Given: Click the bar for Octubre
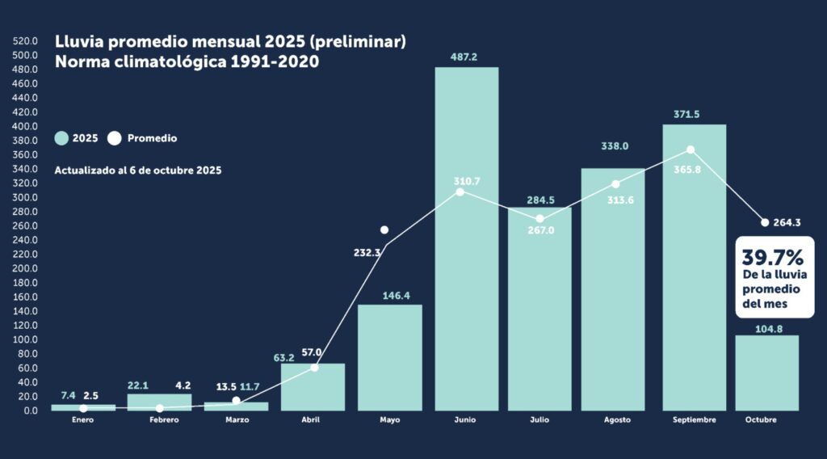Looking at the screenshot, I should [766, 373].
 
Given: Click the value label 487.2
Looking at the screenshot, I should [467, 57].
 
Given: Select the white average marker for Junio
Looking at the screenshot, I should [460, 192].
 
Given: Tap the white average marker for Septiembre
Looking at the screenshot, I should [691, 150].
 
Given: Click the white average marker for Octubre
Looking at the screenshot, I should [765, 222].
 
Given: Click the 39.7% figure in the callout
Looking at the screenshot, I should [773, 258].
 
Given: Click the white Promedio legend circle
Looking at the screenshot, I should [114, 138].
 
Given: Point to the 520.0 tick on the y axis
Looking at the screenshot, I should [26, 40].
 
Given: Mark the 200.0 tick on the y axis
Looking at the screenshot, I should [26, 268].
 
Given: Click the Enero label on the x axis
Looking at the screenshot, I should [83, 421].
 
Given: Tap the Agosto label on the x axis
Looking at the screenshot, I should [617, 421].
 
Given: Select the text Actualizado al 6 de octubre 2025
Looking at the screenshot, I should [138, 171].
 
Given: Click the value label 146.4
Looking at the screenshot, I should [390, 296].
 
